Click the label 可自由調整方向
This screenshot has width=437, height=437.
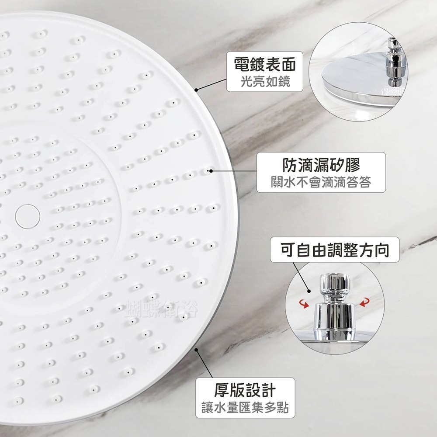335,250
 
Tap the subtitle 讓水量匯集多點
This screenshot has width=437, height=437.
251,408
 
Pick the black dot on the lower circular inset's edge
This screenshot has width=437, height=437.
309,291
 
